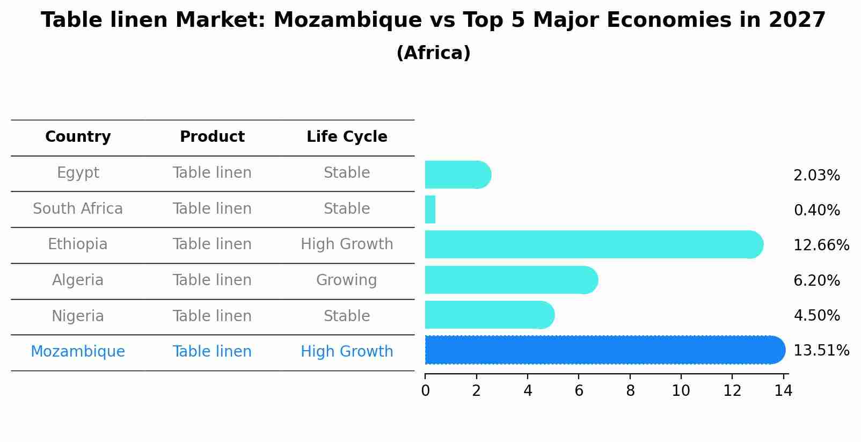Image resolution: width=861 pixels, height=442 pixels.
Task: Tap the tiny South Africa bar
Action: point(430,209)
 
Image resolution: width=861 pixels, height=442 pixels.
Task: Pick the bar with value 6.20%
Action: point(510,280)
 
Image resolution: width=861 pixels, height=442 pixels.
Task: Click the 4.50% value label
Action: point(816,315)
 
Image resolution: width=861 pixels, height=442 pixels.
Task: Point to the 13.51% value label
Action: point(821,351)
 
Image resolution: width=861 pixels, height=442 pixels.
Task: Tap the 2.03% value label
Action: point(816,176)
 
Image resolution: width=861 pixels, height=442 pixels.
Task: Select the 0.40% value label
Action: point(816,211)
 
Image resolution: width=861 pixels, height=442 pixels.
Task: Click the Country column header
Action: point(78,137)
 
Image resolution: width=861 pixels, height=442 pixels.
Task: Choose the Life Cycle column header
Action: point(347,137)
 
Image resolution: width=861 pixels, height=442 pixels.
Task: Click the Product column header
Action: point(212,137)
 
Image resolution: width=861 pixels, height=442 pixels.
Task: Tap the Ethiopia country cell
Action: point(78,244)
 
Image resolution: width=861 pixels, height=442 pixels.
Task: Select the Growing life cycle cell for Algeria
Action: point(346,280)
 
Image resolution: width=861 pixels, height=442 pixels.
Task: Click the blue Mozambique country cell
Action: point(78,352)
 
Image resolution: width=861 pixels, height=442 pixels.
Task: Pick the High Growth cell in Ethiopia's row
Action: point(347,244)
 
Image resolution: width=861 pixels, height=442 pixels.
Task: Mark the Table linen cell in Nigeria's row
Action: point(212,316)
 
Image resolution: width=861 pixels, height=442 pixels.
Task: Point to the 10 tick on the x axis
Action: point(681,391)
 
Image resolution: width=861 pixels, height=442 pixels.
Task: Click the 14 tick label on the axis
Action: point(783,391)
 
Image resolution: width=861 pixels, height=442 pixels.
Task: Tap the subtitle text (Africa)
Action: point(433,53)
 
